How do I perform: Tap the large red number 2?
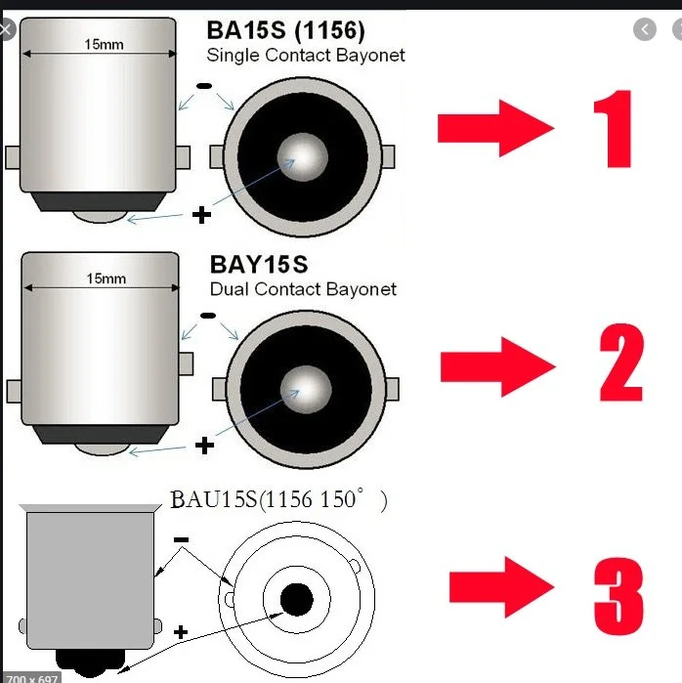point(621,362)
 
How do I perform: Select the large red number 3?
point(618,596)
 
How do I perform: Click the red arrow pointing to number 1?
point(495,128)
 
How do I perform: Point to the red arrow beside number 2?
point(497,366)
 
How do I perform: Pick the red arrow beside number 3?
point(501,587)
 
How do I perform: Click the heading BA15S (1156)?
point(285,31)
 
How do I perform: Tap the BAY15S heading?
point(259,265)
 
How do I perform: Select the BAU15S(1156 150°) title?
point(278,499)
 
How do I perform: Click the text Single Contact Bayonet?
point(306,56)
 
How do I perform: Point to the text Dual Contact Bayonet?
point(303,289)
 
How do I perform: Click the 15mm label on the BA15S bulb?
point(104,44)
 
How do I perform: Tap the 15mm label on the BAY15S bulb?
point(106,278)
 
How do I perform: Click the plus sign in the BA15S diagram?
point(201,215)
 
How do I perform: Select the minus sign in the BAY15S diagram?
point(208,316)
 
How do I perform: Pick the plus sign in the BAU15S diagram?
point(181,632)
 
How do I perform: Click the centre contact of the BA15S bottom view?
point(303,156)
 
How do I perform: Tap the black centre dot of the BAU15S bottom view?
point(297,600)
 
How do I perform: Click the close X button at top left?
point(6,29)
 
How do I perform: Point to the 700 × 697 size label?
point(32,678)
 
